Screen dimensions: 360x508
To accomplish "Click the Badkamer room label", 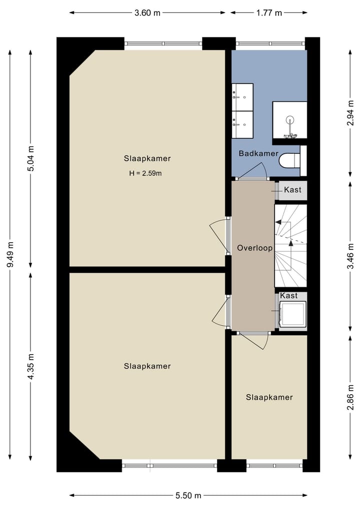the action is [258, 153].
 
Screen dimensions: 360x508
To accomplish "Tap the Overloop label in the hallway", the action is [254, 248].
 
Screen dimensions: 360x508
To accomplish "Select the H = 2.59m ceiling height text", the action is [145, 173].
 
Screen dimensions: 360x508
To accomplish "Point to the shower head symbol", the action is [289, 121].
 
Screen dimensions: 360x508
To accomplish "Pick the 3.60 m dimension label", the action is [147, 13].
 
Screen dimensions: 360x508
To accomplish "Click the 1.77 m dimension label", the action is [269, 13].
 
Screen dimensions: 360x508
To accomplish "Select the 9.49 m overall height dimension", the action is [10, 255].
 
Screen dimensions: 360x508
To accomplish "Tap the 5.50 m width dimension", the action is [188, 496].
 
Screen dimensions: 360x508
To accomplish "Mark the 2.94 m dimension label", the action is [350, 113].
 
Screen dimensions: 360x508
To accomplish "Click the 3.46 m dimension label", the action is [350, 256].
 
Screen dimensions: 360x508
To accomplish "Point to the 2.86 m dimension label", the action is [350, 397].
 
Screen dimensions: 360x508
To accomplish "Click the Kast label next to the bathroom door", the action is [292, 189].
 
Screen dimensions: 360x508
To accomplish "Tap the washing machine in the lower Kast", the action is [292, 314].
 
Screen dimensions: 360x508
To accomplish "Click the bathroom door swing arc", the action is [261, 168].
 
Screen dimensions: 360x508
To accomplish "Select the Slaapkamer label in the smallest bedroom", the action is [269, 397].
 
